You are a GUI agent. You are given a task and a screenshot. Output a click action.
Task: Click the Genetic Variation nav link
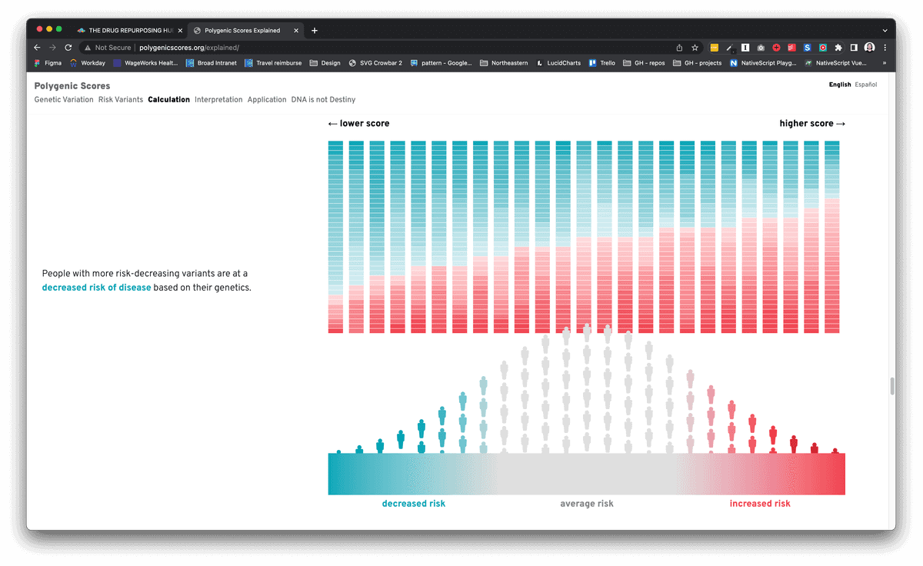[x=64, y=99]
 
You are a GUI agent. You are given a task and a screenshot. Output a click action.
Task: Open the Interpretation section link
[x=218, y=99]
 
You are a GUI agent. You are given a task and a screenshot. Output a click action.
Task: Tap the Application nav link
[x=267, y=99]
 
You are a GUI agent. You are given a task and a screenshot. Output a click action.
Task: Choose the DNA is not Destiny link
[x=323, y=99]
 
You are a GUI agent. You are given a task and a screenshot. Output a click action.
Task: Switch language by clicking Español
[x=866, y=85]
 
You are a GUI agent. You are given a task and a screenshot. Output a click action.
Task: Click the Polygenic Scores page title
[x=72, y=86]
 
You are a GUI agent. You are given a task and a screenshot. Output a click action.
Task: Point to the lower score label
[x=359, y=124]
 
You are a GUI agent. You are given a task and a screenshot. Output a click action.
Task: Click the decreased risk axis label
[x=414, y=504]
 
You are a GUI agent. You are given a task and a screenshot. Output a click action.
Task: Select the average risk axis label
[x=587, y=504]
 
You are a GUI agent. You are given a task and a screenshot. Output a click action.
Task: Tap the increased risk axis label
[x=760, y=504]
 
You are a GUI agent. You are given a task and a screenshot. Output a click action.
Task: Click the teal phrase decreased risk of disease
[x=96, y=288]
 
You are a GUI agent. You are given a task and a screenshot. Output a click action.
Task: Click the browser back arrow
[x=37, y=48]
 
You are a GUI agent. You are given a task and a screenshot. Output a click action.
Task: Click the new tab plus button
[x=315, y=30]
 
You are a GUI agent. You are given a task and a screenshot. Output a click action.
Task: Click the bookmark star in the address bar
[x=695, y=48]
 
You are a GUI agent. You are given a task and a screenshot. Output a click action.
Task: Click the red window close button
[x=40, y=29]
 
